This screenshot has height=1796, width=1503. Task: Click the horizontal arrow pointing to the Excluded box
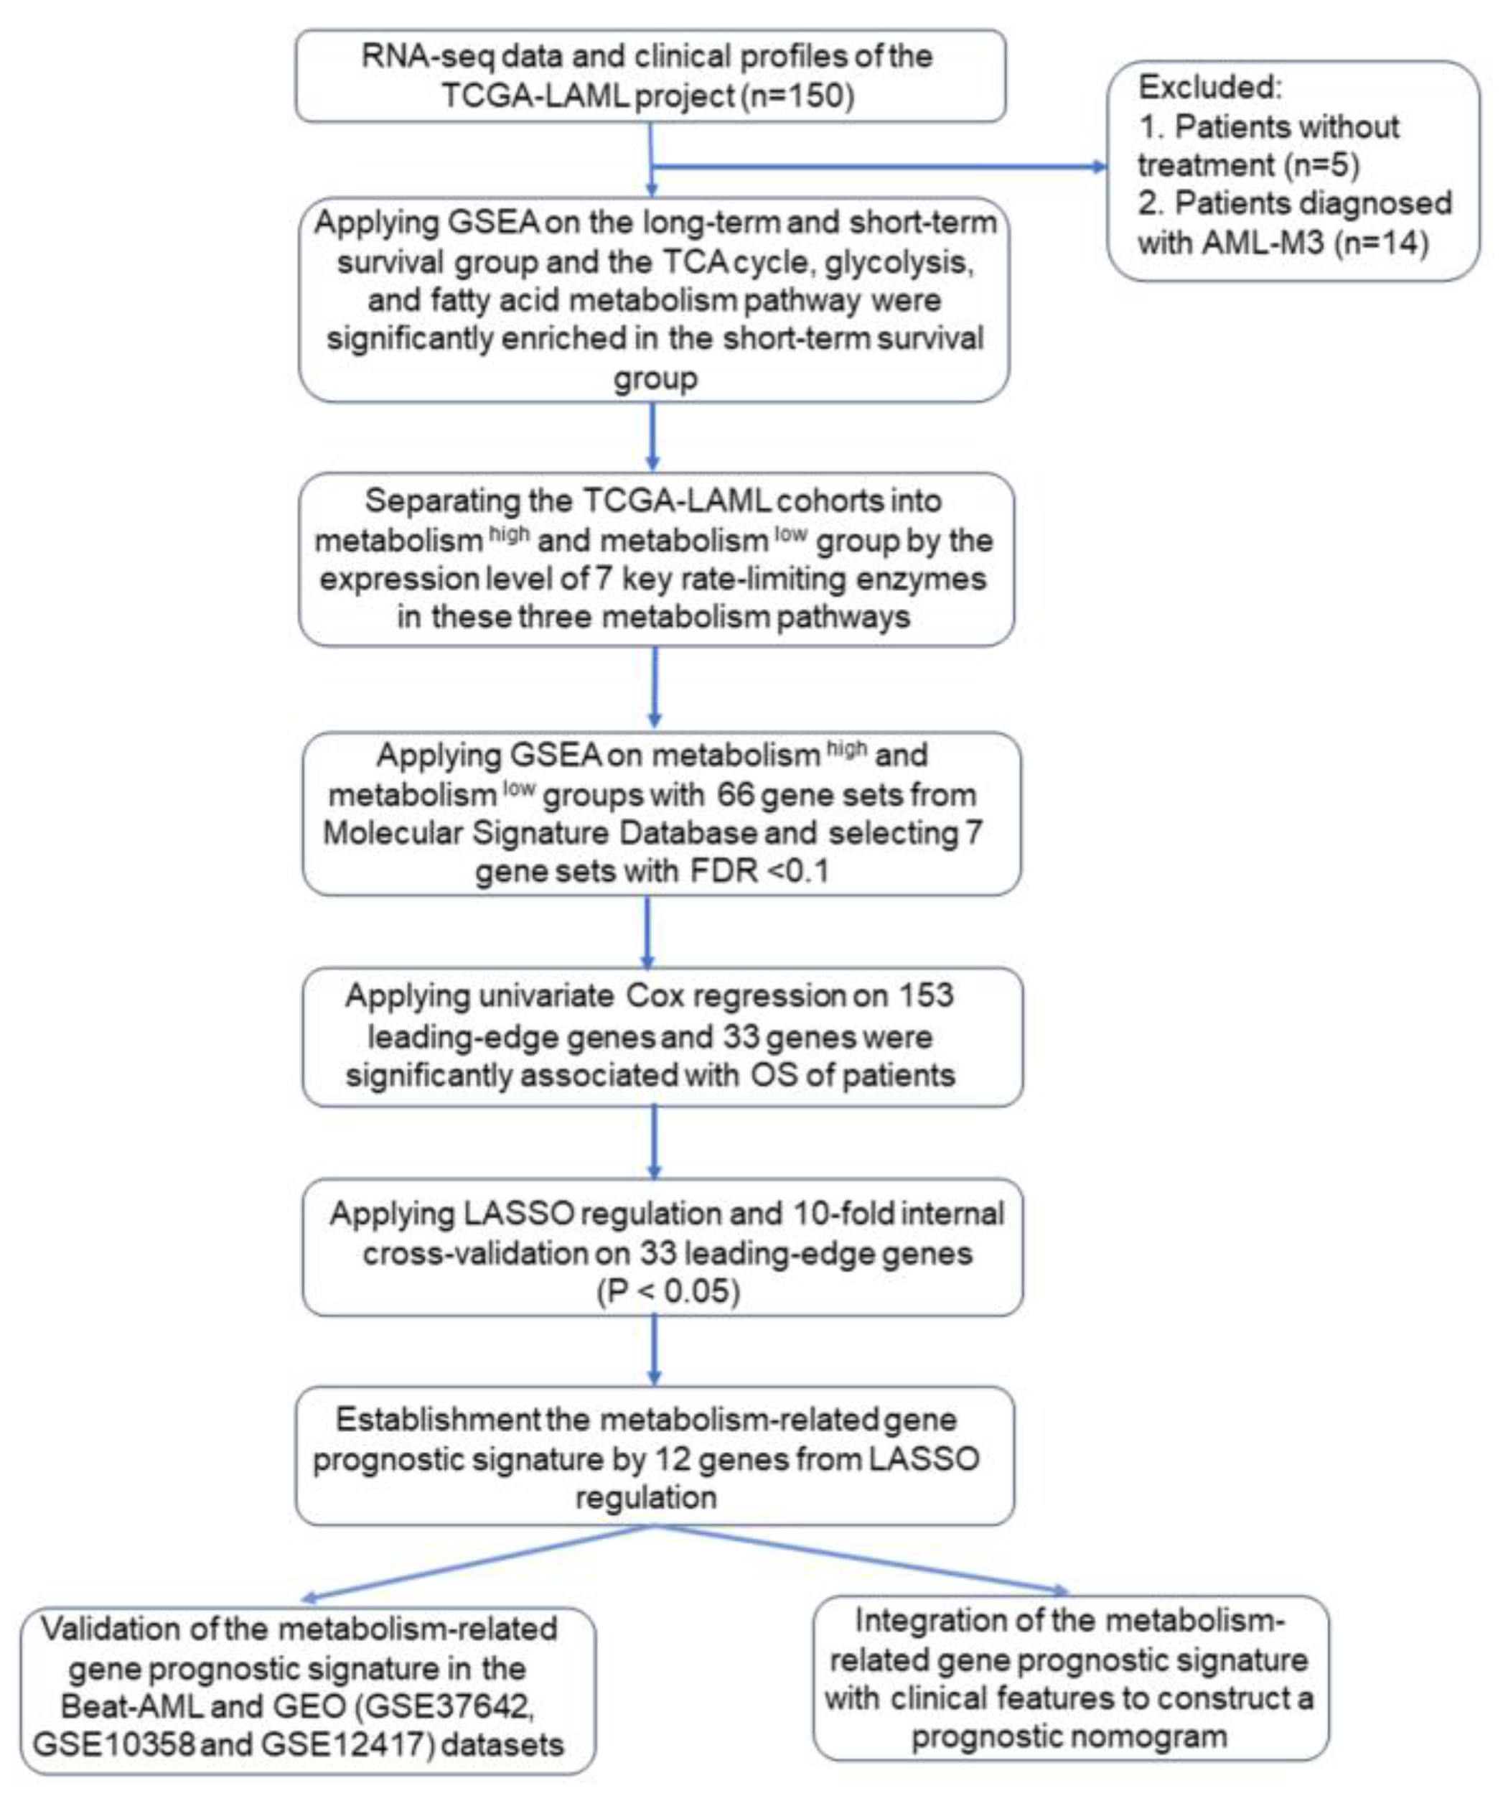pyautogui.click(x=881, y=166)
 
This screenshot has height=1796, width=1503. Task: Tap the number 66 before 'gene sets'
pyautogui.click(x=735, y=794)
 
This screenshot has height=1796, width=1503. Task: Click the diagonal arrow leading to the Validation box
pyautogui.click(x=479, y=1563)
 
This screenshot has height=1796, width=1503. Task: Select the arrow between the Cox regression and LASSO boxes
pyautogui.click(x=654, y=1143)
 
